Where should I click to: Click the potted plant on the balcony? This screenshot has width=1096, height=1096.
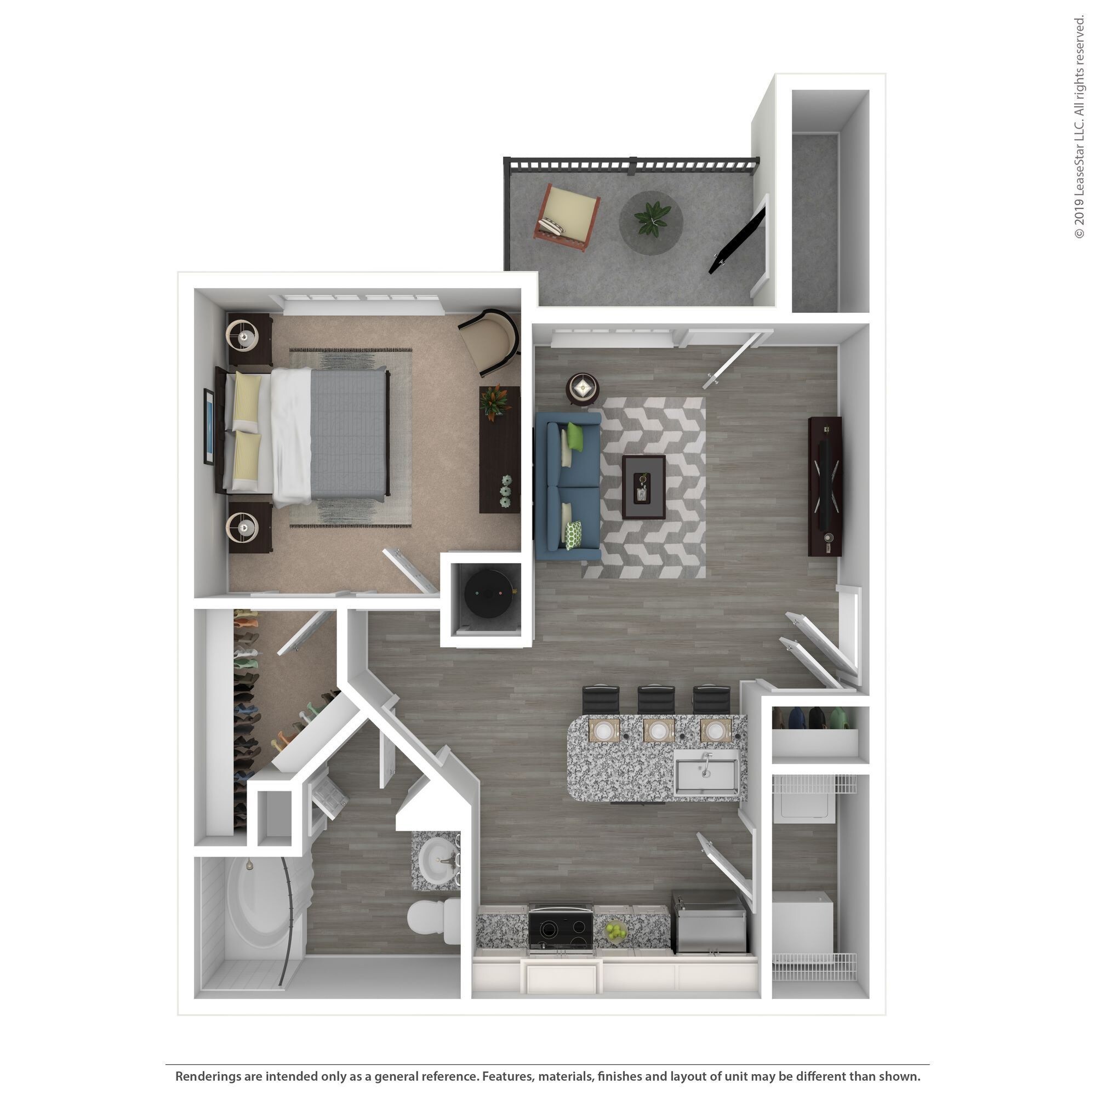[650, 219]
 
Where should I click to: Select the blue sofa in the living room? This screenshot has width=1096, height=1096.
[567, 486]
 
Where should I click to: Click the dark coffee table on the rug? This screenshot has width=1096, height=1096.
[643, 487]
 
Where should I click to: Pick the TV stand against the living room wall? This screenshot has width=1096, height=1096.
[824, 486]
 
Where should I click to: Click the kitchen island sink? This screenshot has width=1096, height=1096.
[706, 773]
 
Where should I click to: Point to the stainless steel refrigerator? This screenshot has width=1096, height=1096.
[709, 922]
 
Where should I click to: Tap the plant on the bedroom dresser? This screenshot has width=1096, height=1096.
[495, 401]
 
